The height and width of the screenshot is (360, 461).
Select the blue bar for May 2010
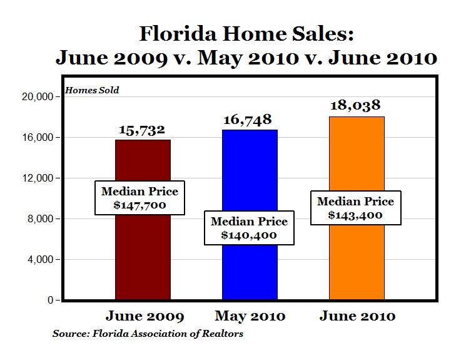coord(250,175)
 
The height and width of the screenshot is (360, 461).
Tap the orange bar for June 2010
coord(357,163)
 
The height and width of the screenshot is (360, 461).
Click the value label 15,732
coord(143,130)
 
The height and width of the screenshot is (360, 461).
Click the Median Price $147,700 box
coord(139,198)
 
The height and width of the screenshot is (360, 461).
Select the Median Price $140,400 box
coord(249,229)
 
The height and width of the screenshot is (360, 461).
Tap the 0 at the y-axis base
coord(48,301)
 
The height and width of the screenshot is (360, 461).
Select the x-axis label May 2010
coord(250,316)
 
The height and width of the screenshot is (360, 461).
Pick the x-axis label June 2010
coord(357,316)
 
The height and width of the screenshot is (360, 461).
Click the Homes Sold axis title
coord(92,90)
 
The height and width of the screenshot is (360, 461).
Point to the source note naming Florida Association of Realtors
coord(148,334)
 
